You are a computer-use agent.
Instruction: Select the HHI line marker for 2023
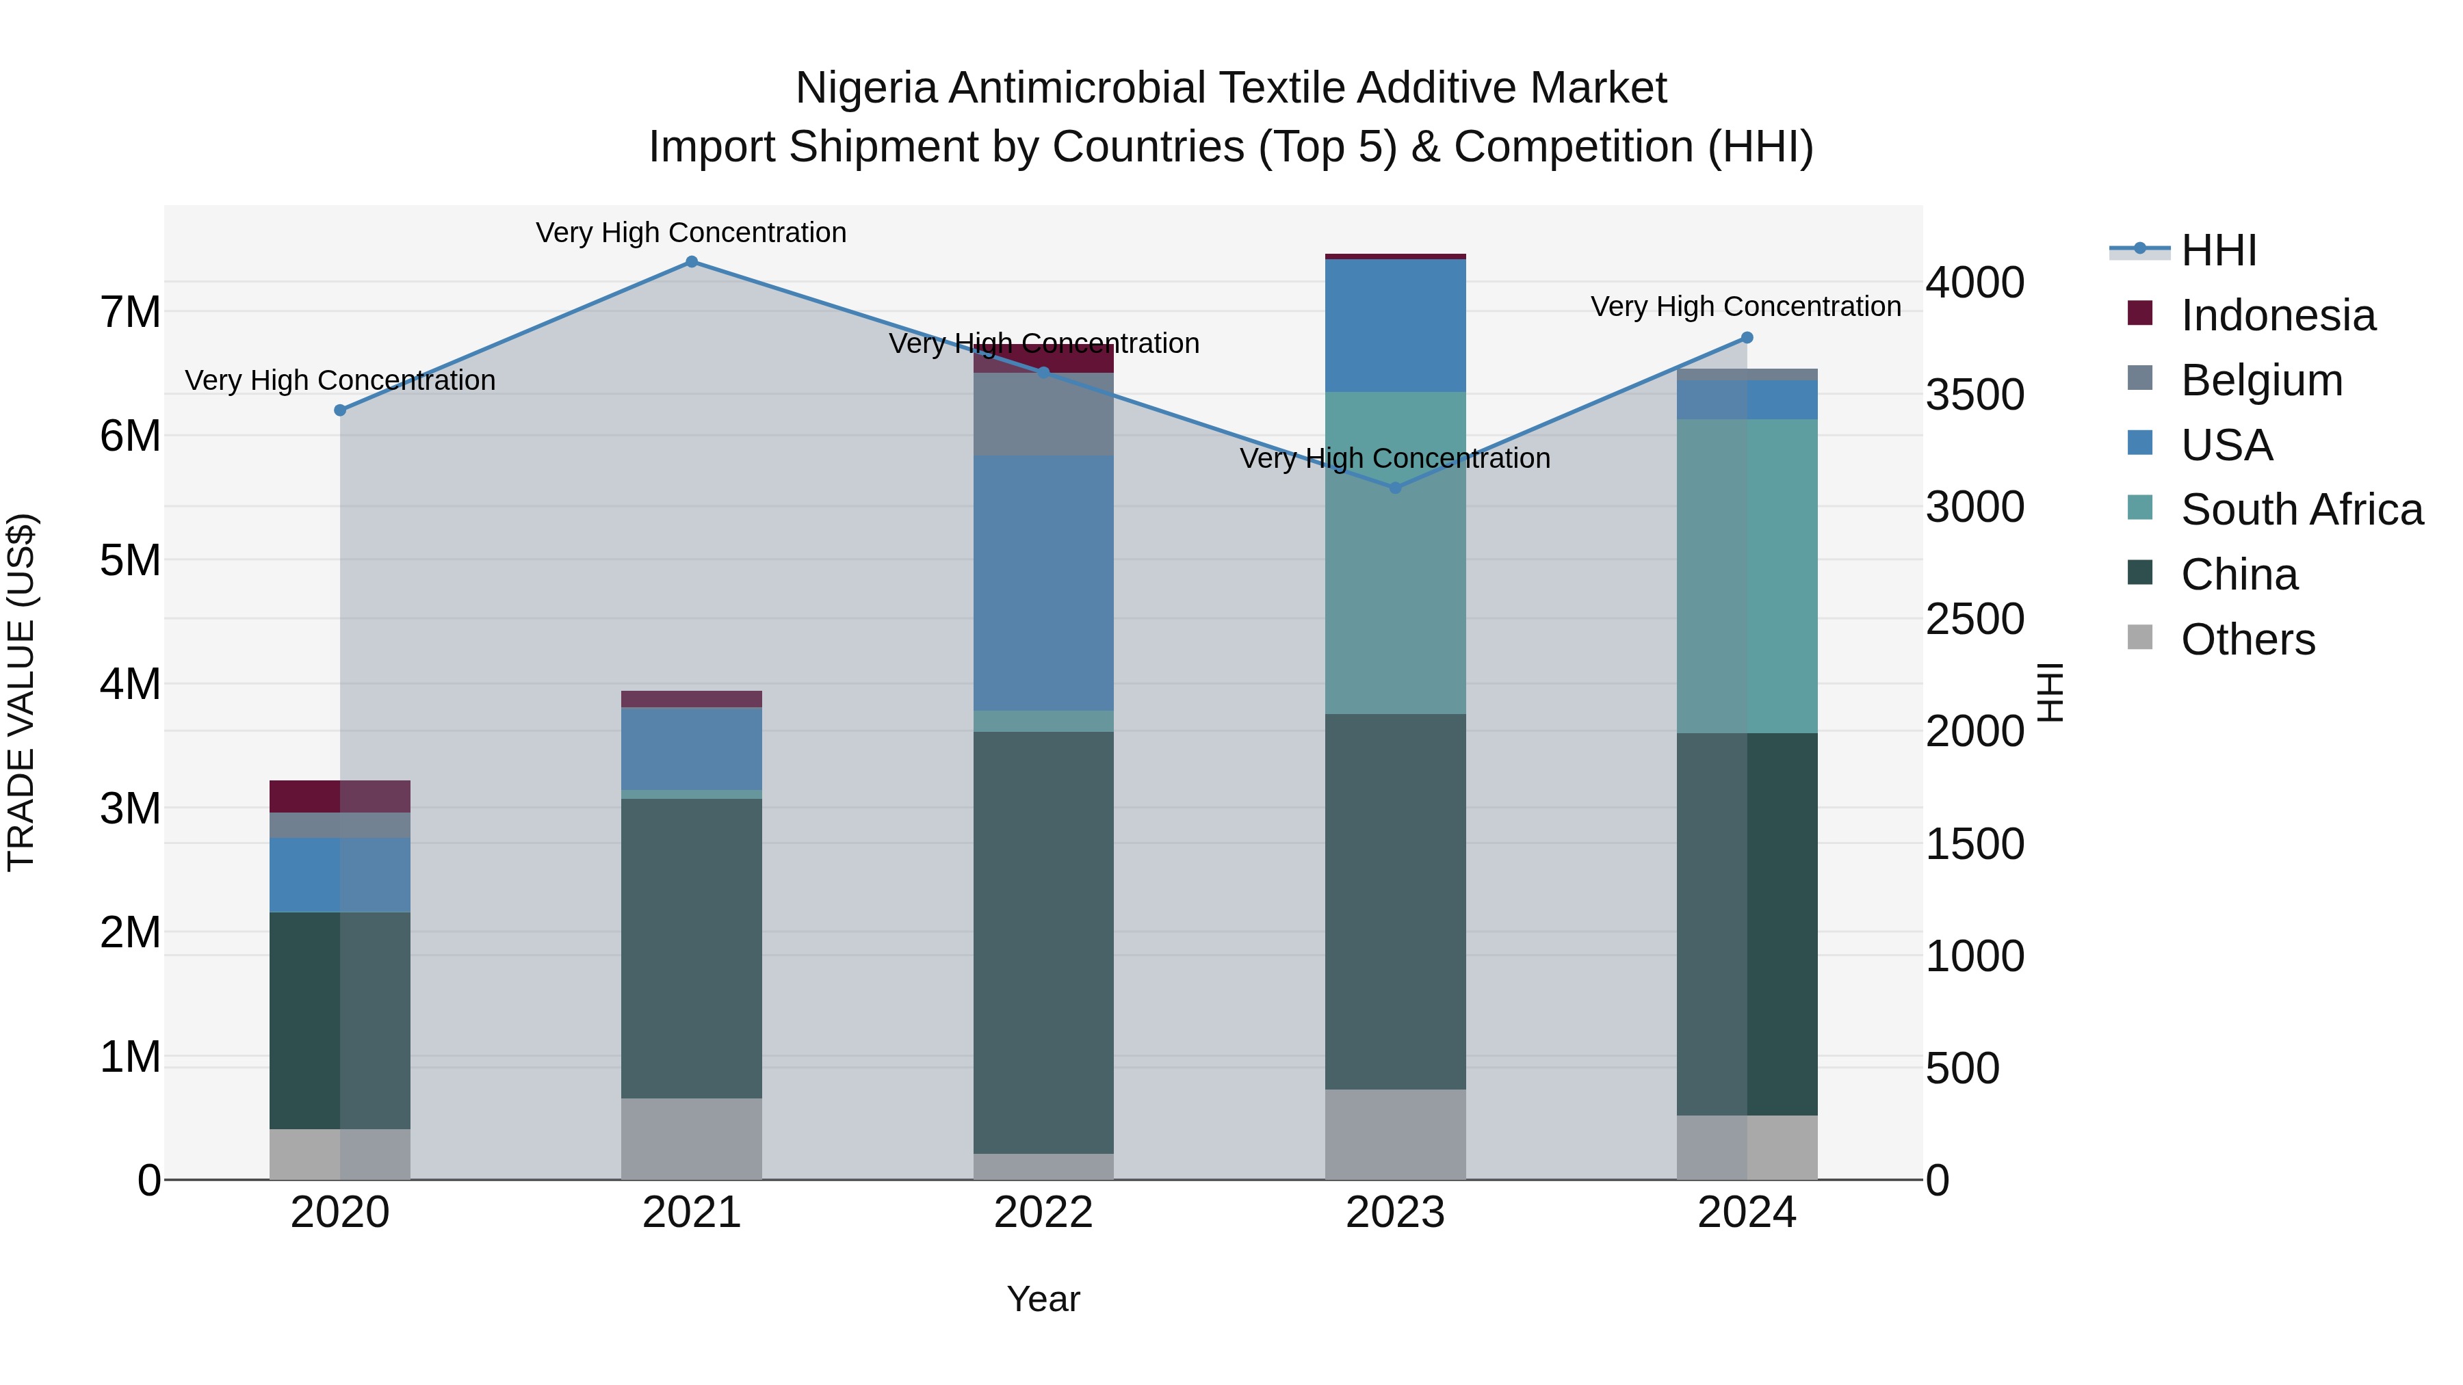pyautogui.click(x=1395, y=488)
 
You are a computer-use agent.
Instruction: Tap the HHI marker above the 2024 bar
pyautogui.click(x=1747, y=337)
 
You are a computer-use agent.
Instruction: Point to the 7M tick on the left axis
pyautogui.click(x=131, y=312)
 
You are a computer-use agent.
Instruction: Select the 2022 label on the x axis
pyautogui.click(x=1043, y=1213)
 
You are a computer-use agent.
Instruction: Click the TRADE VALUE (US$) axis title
pyautogui.click(x=21, y=692)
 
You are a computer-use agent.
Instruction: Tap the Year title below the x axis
pyautogui.click(x=1043, y=1299)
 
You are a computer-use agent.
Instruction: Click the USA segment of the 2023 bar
pyautogui.click(x=1395, y=325)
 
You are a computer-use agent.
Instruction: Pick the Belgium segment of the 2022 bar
pyautogui.click(x=1043, y=414)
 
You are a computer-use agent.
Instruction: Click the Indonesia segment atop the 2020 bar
pyautogui.click(x=339, y=795)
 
